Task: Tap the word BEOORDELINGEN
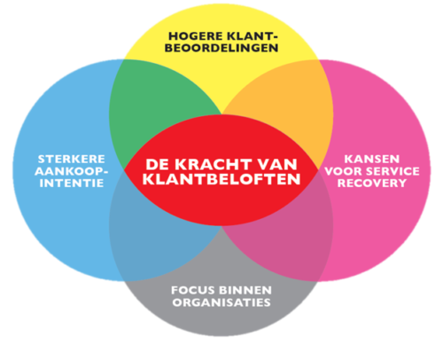click(221, 48)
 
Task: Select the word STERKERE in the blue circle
click(72, 160)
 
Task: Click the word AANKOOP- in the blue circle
click(71, 171)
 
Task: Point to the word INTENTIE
click(72, 183)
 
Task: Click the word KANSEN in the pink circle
click(372, 159)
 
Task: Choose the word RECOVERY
click(372, 183)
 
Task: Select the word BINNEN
click(245, 290)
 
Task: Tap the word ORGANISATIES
click(221, 302)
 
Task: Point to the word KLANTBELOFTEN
click(221, 179)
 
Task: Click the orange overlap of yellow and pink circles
click(291, 104)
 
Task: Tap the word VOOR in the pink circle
click(343, 171)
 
